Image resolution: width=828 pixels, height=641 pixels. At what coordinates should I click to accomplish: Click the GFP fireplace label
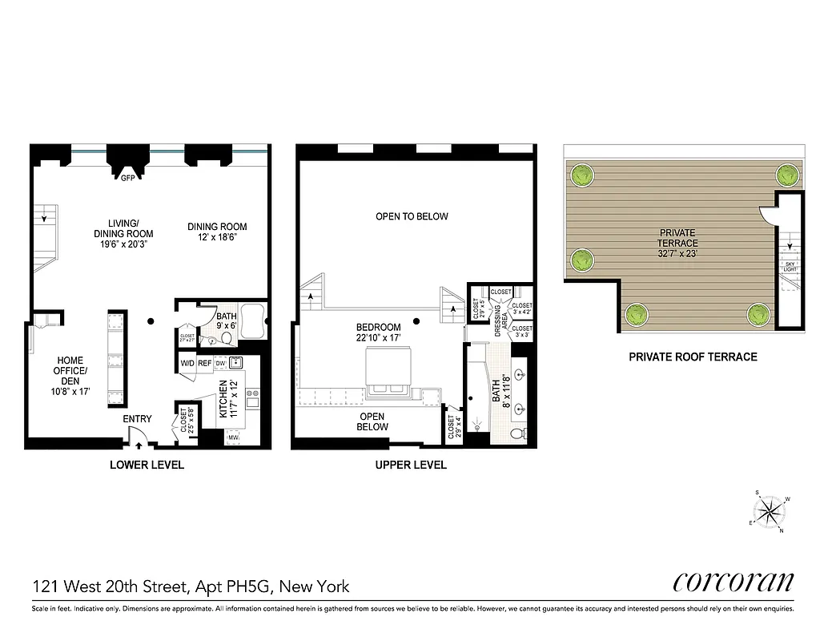click(x=127, y=179)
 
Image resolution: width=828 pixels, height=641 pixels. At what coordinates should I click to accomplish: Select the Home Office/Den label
click(x=65, y=377)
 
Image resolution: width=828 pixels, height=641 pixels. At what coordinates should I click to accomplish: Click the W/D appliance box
click(x=187, y=363)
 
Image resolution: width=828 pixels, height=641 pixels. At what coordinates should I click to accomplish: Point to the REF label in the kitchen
click(x=206, y=363)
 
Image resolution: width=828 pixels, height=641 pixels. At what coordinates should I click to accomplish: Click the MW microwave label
click(x=234, y=438)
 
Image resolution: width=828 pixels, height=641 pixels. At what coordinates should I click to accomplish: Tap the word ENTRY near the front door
click(x=137, y=419)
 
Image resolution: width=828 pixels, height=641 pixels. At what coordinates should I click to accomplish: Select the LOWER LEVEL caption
click(x=147, y=465)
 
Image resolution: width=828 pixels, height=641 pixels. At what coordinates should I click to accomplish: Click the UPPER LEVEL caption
click(x=411, y=465)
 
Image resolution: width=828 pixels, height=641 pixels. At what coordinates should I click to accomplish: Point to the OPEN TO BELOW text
click(x=412, y=216)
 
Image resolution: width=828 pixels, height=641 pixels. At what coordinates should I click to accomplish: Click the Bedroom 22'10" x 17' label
click(x=379, y=333)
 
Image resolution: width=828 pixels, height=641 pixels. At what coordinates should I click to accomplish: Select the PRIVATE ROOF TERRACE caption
click(x=693, y=357)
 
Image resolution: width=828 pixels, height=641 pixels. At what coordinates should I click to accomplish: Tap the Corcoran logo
click(x=734, y=583)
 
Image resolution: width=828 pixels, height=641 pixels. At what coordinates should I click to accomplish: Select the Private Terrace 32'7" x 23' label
click(x=677, y=243)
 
